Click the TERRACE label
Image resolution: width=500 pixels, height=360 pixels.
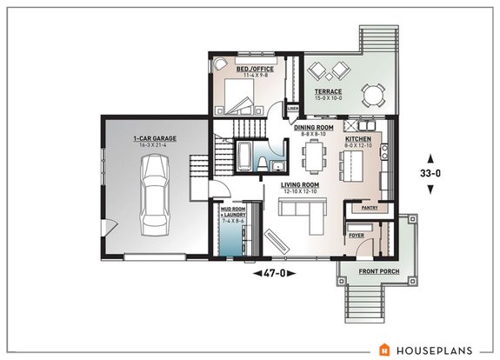[328, 91]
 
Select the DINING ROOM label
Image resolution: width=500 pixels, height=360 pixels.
[312, 129]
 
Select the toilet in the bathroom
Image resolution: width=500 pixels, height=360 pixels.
[273, 167]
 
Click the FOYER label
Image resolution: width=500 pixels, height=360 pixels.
[357, 234]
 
